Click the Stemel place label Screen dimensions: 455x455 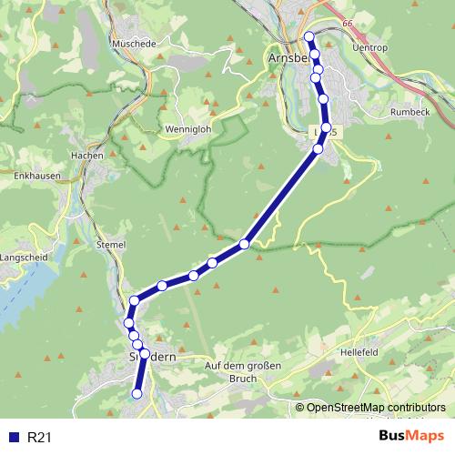(110, 244)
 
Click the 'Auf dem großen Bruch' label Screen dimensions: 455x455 (244, 371)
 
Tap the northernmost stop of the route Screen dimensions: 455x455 (308, 36)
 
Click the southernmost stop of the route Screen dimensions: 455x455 (137, 394)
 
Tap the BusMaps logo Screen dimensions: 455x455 (411, 436)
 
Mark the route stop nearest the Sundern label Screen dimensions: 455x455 (144, 353)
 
